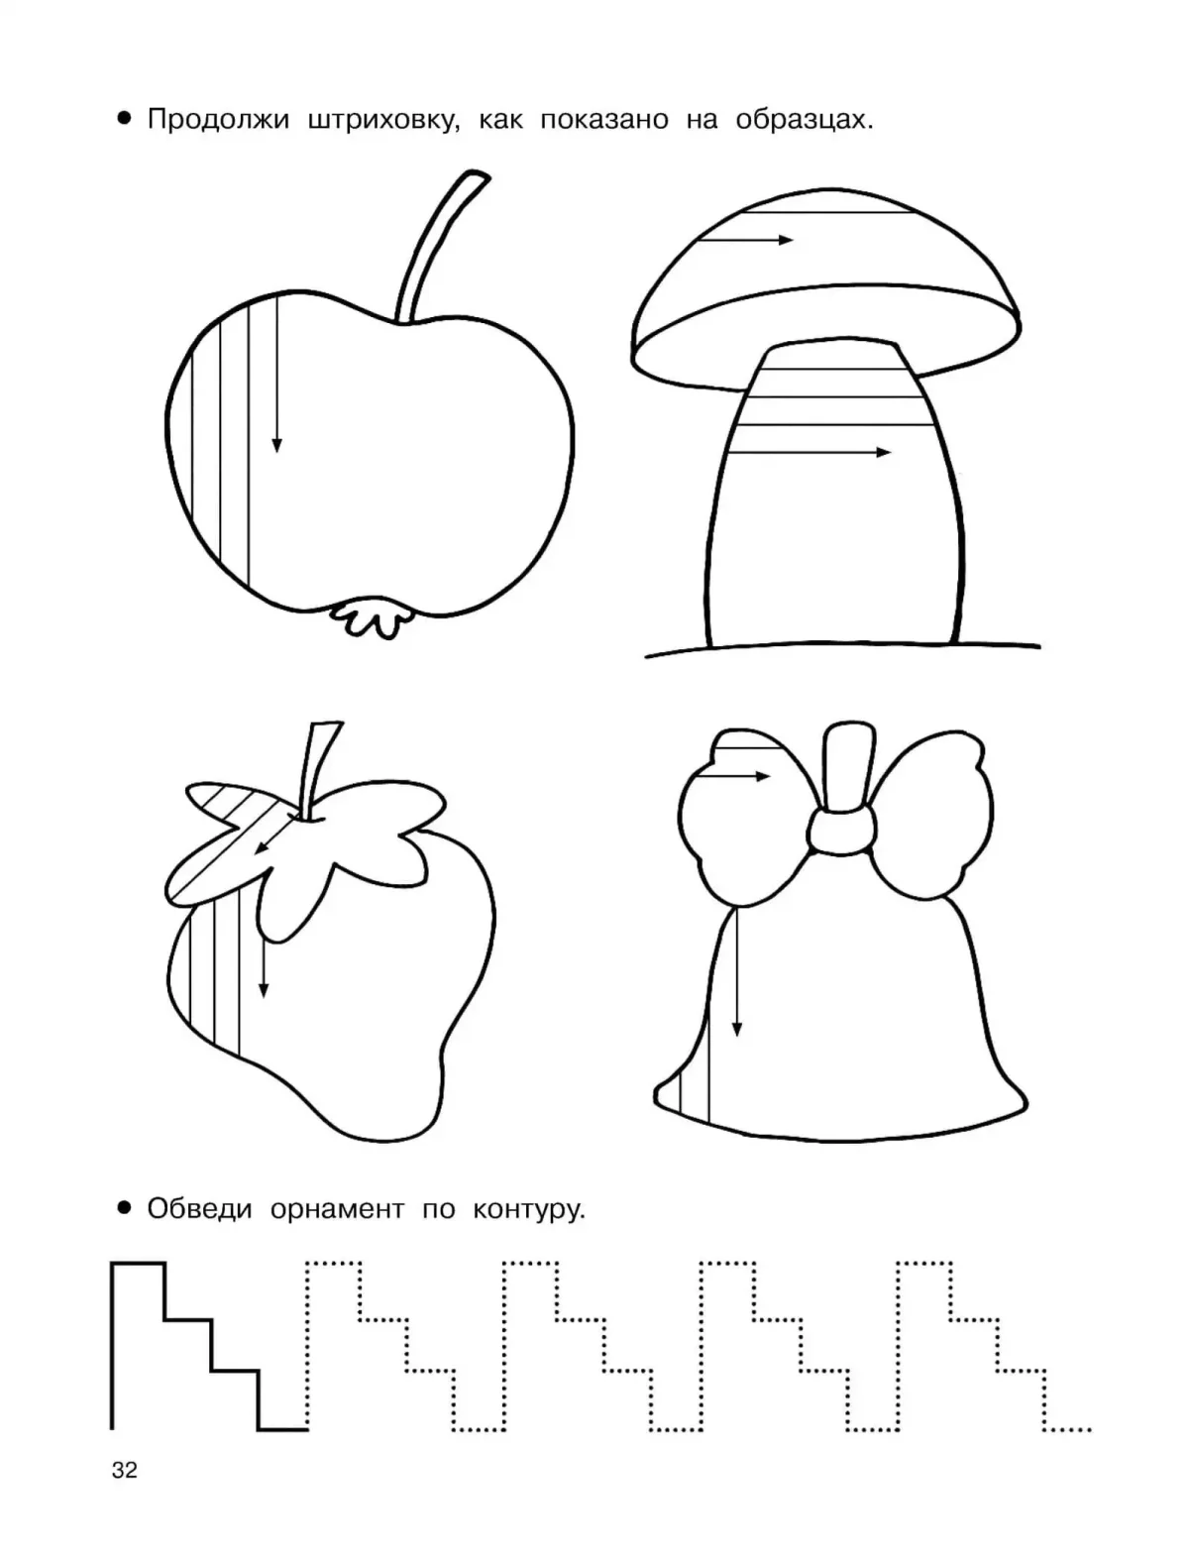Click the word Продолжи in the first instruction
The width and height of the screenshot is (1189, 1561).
click(x=218, y=120)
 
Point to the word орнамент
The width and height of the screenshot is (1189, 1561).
click(x=337, y=1210)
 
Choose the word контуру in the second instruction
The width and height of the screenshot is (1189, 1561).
click(x=529, y=1210)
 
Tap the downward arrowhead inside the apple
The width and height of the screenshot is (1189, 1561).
click(x=277, y=445)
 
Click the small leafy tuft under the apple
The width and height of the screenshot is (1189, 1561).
click(x=370, y=618)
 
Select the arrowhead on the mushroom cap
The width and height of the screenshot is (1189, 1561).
click(x=786, y=240)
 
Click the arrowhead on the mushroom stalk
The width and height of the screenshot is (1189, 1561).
click(x=884, y=452)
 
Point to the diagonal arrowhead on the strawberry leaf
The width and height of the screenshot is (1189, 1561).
click(x=261, y=847)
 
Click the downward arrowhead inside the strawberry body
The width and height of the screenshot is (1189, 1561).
click(x=264, y=990)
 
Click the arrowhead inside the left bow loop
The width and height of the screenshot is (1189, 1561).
click(x=763, y=776)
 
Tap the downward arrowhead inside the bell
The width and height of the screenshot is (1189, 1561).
click(x=737, y=1029)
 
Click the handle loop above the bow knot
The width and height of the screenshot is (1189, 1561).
click(x=848, y=767)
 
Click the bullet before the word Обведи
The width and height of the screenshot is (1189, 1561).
click(x=125, y=1207)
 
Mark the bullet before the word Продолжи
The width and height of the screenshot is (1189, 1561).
click(x=125, y=118)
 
